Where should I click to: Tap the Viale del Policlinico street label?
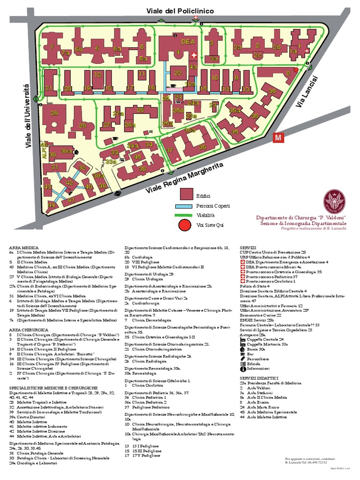pyautogui.click(x=180, y=11)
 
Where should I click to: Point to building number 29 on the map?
pyautogui.click(x=54, y=113)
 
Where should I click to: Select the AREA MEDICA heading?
pyautogui.click(x=23, y=247)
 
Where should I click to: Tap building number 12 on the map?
pyautogui.click(x=98, y=75)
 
